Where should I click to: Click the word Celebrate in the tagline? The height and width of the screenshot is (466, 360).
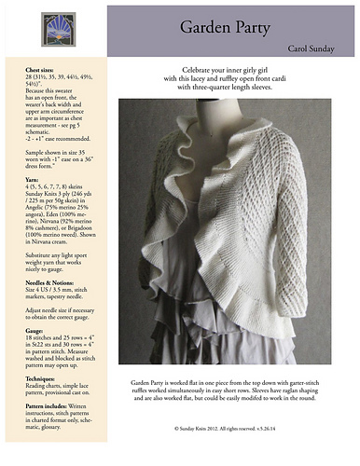coord(196,70)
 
